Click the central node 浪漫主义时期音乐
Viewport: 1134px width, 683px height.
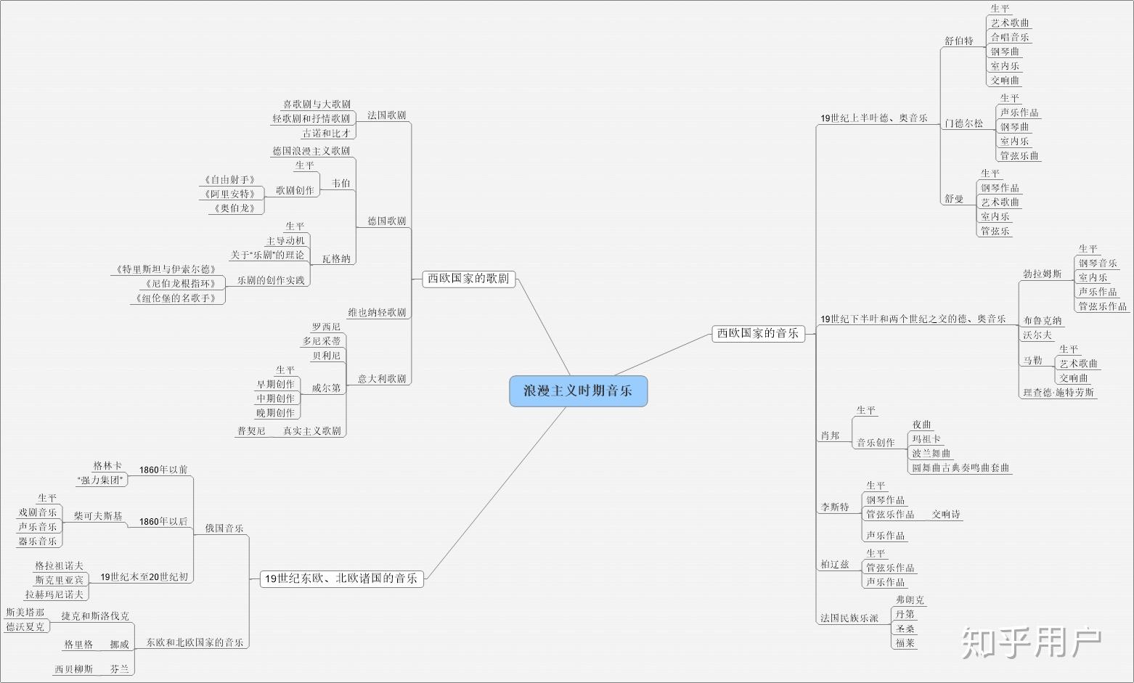[578, 391]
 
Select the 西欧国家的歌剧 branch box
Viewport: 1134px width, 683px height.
[468, 278]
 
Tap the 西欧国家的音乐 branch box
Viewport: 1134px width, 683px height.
[758, 333]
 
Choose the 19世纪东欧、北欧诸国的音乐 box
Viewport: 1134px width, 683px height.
[341, 578]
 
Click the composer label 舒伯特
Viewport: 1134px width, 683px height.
[958, 41]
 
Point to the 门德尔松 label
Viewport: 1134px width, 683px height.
[963, 123]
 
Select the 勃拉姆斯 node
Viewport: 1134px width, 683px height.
[1042, 274]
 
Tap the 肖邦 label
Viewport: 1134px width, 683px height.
[830, 435]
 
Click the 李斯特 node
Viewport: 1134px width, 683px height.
[835, 507]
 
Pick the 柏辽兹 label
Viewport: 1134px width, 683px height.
[835, 564]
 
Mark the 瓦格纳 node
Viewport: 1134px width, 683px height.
[336, 258]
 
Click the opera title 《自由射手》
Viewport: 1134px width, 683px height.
[229, 179]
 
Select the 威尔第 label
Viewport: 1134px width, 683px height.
[326, 388]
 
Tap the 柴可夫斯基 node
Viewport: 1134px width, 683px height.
[98, 516]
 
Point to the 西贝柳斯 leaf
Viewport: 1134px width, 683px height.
[74, 668]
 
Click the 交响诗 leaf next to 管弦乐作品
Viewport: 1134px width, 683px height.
[946, 514]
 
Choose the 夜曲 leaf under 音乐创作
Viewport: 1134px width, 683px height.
[922, 425]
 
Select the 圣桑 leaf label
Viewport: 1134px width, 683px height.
[905, 629]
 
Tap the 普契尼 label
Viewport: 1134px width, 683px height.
[251, 431]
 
